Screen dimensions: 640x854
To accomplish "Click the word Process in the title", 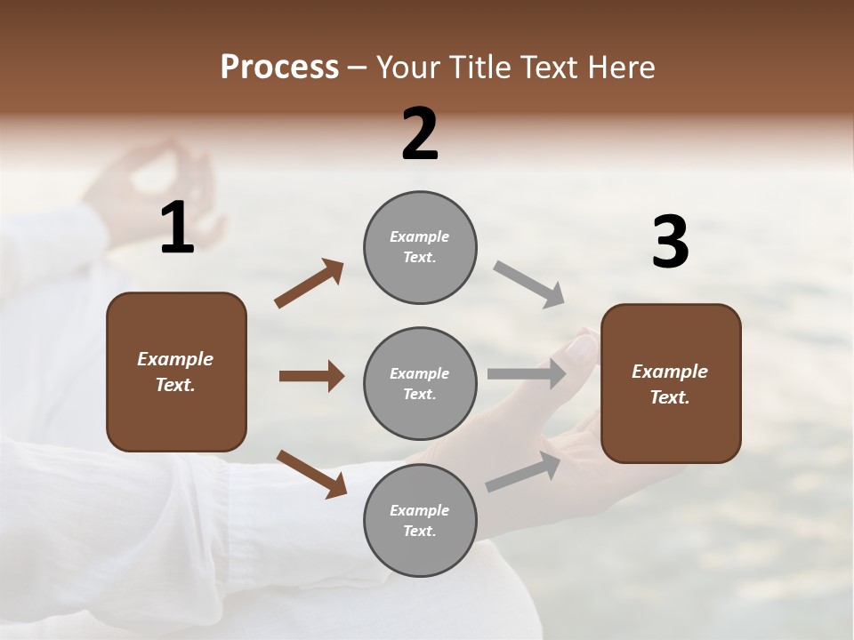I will point(279,68).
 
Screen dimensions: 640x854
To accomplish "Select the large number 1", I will point(177,228).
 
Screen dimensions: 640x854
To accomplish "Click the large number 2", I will point(420,134).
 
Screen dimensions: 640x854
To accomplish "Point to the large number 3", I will point(670,242).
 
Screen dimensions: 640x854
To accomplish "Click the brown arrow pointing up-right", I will point(310,284).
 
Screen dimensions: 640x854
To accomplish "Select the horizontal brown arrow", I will point(311,376).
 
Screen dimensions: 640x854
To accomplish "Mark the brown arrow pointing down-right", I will point(311,473).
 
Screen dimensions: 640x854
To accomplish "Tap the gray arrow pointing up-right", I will point(523,471).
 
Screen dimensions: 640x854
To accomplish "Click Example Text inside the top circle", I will point(420,247).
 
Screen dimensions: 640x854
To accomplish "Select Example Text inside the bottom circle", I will point(420,521).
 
